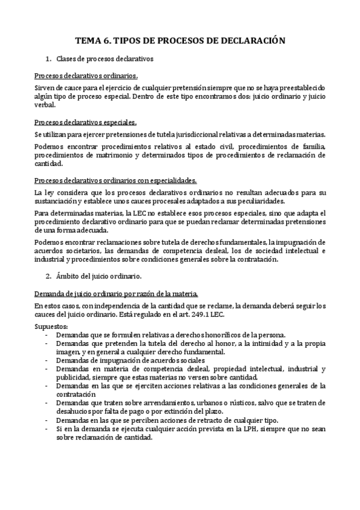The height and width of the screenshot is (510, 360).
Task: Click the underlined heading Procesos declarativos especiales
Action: (x=85, y=121)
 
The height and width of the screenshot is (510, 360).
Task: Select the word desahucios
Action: (x=75, y=411)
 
